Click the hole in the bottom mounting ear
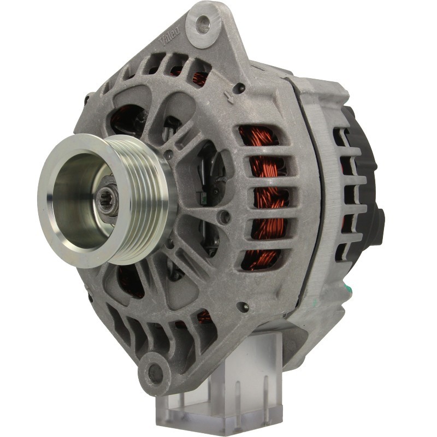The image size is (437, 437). point(155,375)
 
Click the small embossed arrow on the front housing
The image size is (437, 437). point(229,98)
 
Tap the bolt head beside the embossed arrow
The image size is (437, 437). point(239,87)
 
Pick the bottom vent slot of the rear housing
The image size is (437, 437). point(343,251)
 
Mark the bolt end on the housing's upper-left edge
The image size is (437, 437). point(87,100)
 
